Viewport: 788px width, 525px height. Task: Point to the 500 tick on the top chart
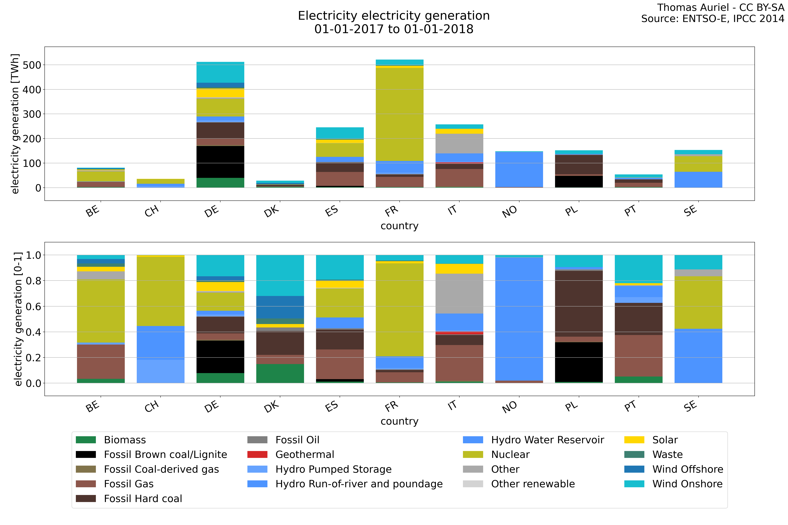(32, 65)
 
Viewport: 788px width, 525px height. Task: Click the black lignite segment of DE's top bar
(220, 162)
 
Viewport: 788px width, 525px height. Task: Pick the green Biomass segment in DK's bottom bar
(280, 373)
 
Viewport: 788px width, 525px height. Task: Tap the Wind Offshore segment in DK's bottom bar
(280, 307)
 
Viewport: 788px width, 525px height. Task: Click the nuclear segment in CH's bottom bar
(161, 291)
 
